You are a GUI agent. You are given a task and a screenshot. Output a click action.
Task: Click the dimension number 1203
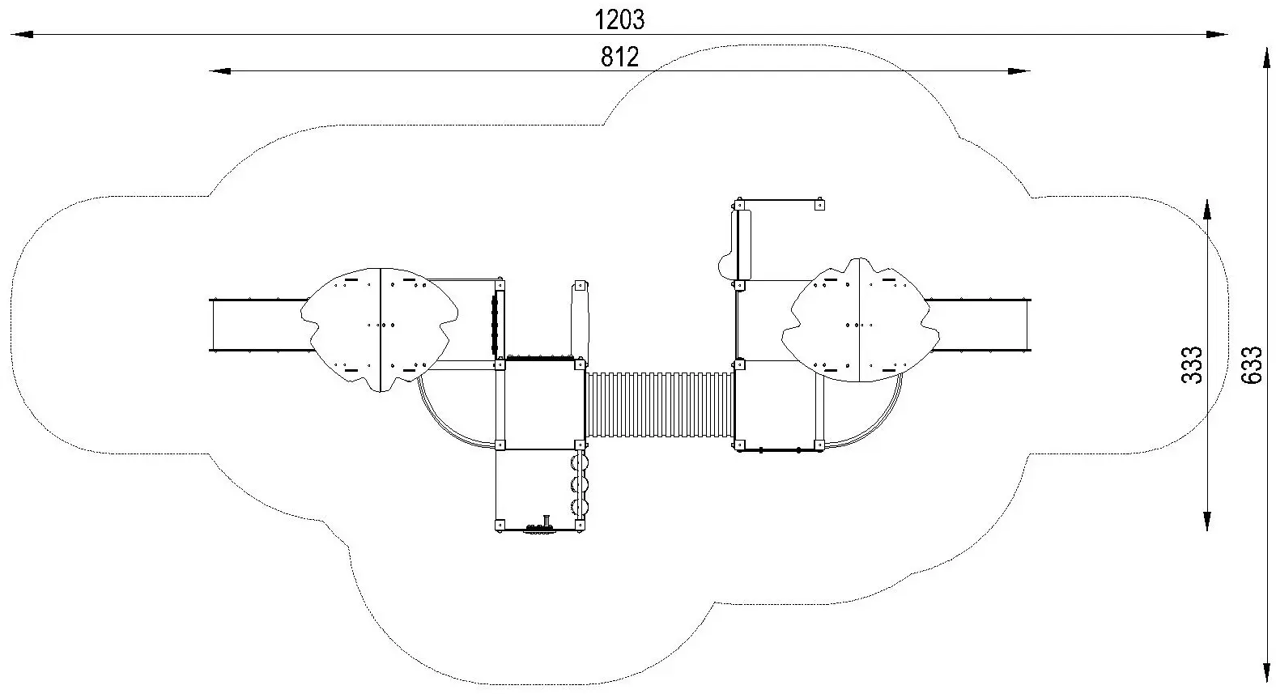[x=619, y=20]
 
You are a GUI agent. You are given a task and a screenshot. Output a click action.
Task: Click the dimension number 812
[x=619, y=57]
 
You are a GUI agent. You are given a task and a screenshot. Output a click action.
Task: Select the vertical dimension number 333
[x=1191, y=364]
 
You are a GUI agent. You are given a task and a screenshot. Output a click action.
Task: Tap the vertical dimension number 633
[x=1252, y=364]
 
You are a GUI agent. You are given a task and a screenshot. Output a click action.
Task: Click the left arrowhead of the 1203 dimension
[x=22, y=35]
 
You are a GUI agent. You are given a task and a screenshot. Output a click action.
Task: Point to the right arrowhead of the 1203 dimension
[x=1216, y=35]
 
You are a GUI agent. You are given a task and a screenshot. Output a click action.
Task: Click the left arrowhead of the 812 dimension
[x=220, y=71]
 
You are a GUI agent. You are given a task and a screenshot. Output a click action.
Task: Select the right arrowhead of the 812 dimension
[x=1019, y=71]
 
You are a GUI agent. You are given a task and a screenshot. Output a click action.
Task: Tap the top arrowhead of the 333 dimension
[x=1206, y=210]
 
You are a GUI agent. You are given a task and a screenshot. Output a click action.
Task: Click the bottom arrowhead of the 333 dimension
[x=1206, y=520]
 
